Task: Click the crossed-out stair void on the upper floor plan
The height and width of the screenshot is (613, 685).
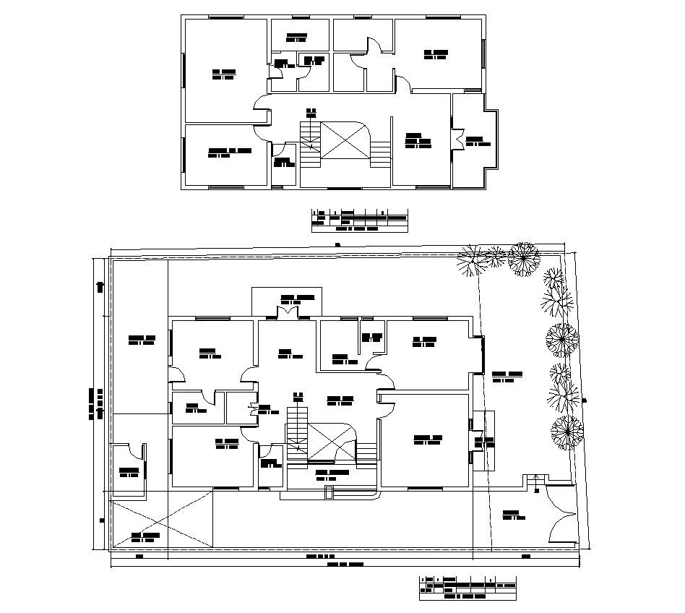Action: click(345, 140)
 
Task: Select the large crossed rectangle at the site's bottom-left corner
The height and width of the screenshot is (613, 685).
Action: click(163, 518)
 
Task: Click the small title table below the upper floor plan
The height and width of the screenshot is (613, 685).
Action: click(359, 220)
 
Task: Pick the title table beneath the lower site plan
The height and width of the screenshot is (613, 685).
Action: click(468, 588)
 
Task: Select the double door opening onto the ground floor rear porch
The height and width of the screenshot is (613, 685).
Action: click(288, 312)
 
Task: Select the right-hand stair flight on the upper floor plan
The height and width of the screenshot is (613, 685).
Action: click(380, 153)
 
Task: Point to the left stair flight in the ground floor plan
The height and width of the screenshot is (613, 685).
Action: click(297, 432)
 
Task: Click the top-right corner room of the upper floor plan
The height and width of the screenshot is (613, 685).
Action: click(437, 54)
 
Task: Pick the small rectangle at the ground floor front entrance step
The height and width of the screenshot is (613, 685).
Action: click(329, 493)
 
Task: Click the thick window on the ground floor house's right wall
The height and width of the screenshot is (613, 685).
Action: click(482, 354)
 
